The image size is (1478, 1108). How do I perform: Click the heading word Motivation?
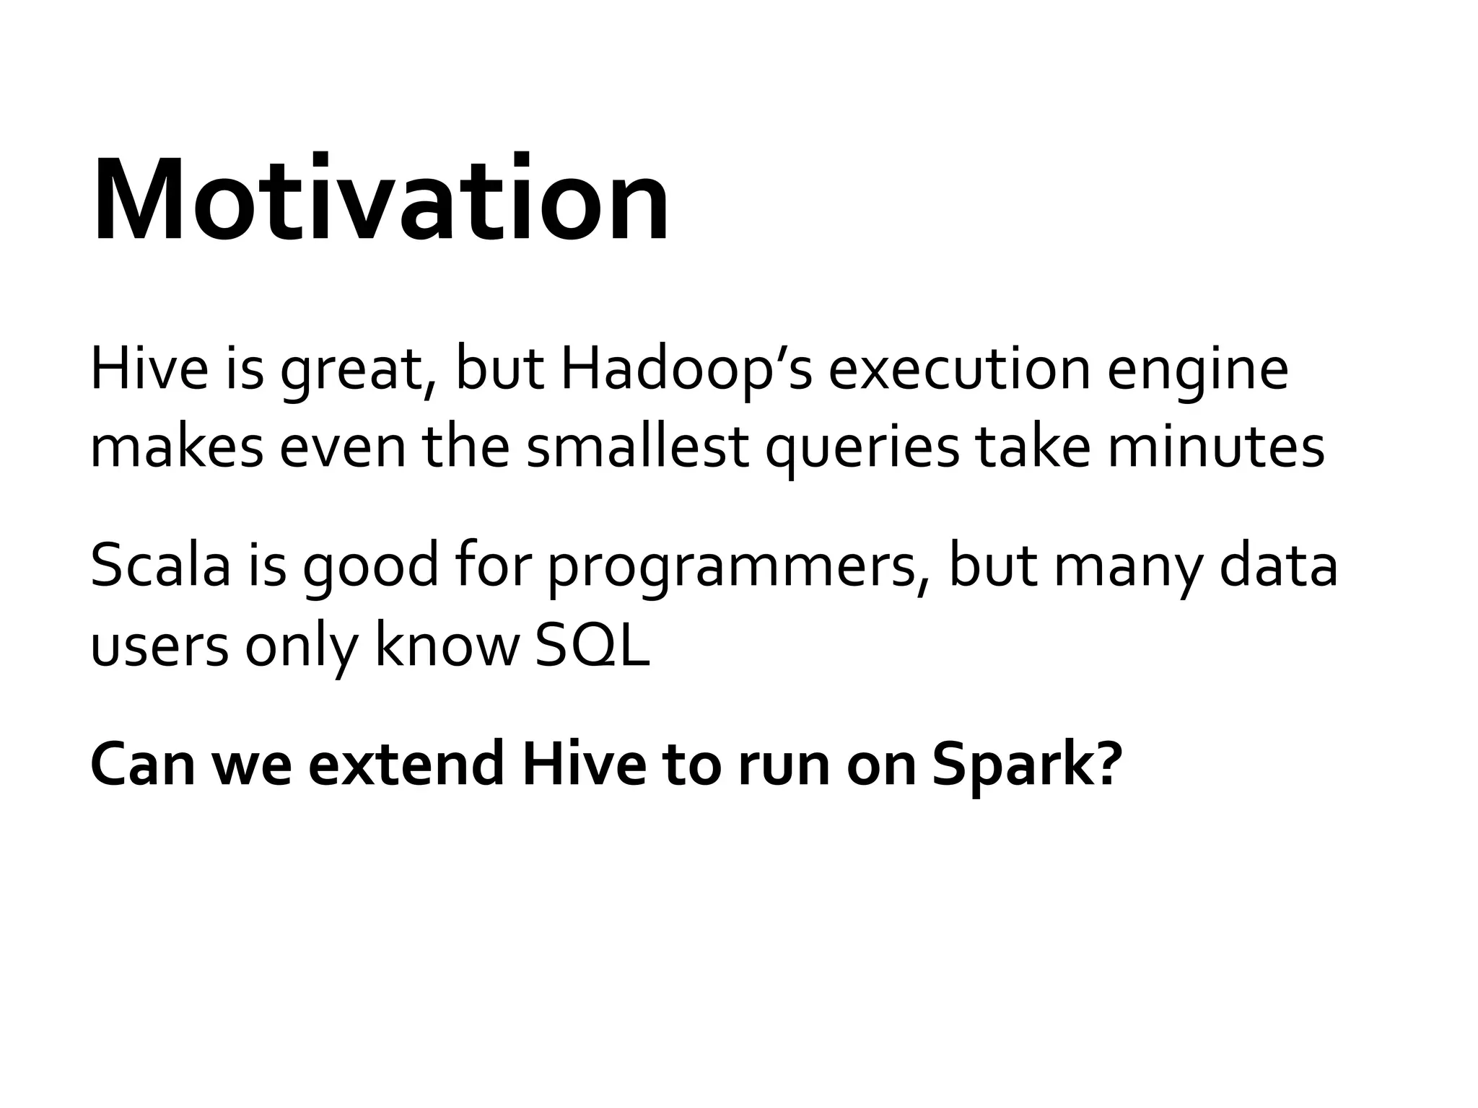[380, 199]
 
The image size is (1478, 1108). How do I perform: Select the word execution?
[958, 371]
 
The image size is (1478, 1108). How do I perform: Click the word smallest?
[637, 447]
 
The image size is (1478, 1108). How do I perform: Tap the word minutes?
[1216, 447]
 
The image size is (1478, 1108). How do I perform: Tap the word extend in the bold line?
[406, 765]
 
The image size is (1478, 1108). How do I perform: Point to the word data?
[1278, 566]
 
